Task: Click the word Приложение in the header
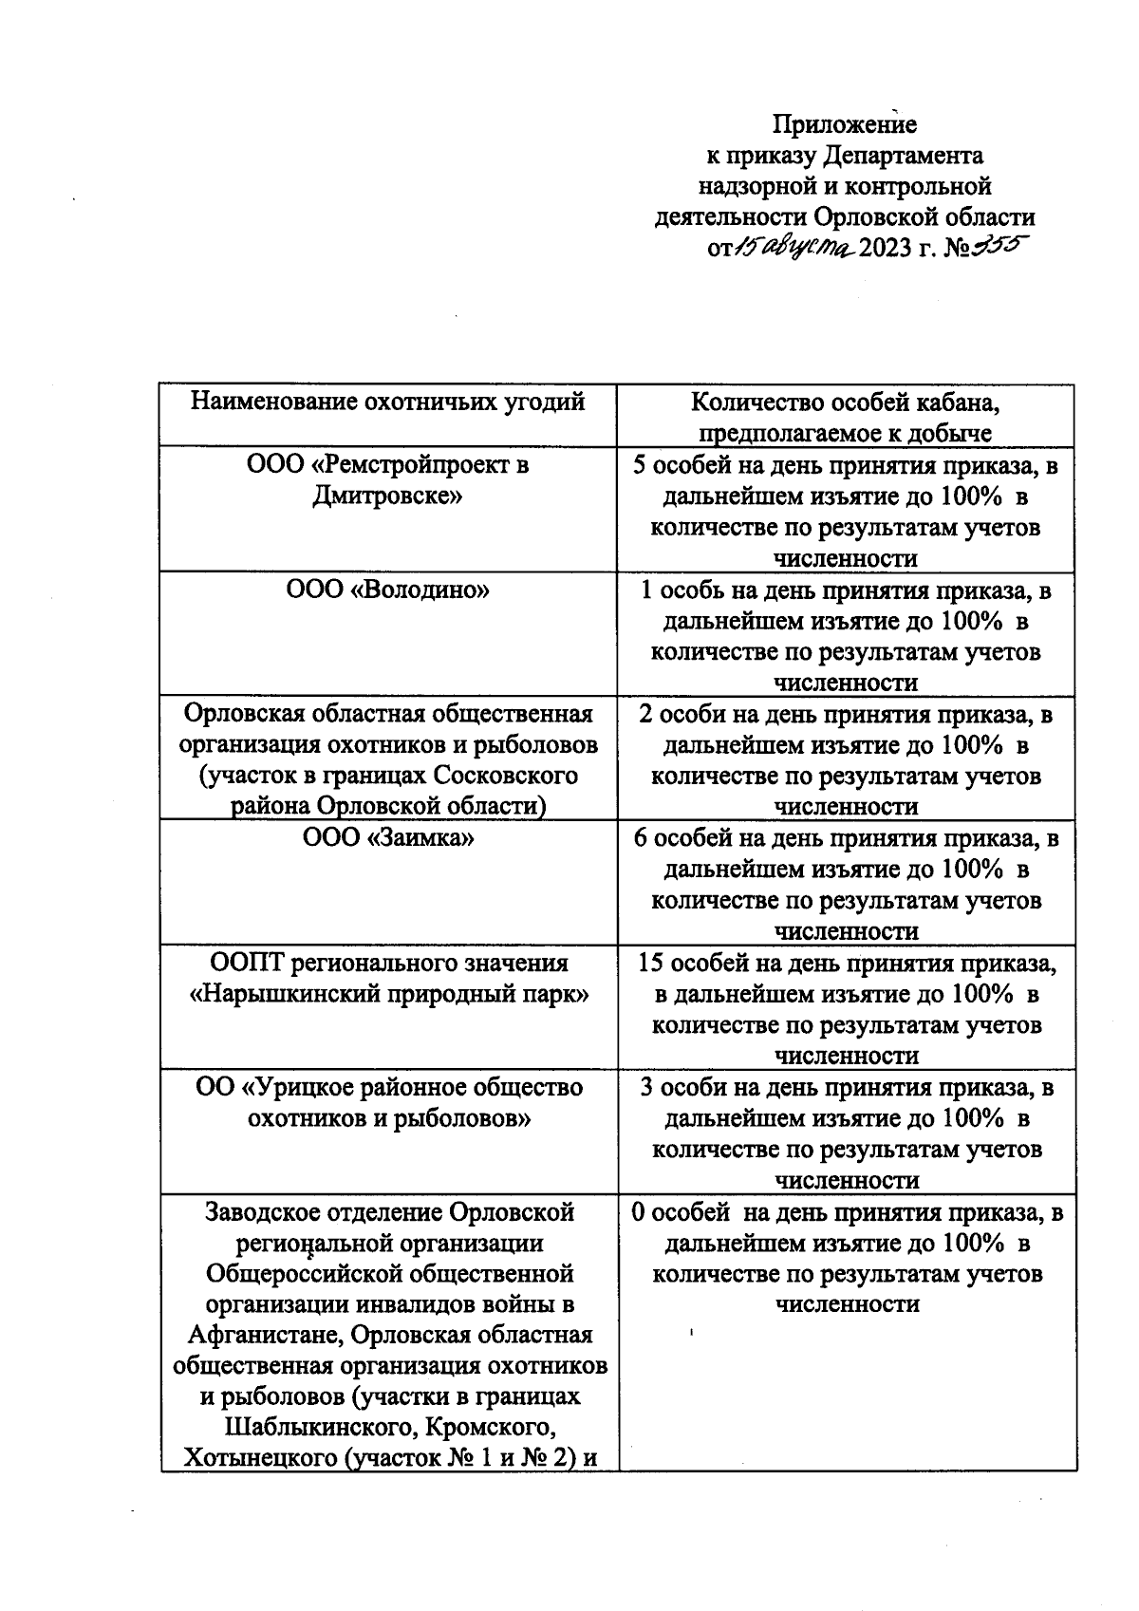pyautogui.click(x=844, y=124)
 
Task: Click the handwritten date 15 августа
pyautogui.click(x=794, y=249)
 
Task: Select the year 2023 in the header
pyautogui.click(x=887, y=250)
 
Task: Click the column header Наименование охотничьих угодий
pyautogui.click(x=387, y=402)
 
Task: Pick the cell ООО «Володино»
pyautogui.click(x=387, y=590)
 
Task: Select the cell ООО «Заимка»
pyautogui.click(x=387, y=838)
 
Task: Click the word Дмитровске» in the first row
pyautogui.click(x=387, y=496)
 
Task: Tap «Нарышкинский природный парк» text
pyautogui.click(x=389, y=994)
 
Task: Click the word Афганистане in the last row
pyautogui.click(x=264, y=1335)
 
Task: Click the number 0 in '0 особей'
pyautogui.click(x=638, y=1212)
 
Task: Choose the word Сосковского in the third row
pyautogui.click(x=505, y=776)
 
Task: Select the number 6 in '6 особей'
pyautogui.click(x=641, y=838)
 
